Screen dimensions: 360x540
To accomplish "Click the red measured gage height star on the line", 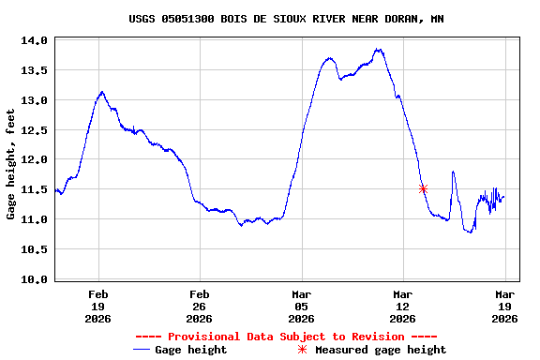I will coord(423,188).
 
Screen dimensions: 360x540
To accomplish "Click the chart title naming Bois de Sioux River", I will coord(286,19).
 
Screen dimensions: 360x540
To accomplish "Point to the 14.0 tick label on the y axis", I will coord(35,41).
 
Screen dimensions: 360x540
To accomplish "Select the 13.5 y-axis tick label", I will coord(35,70).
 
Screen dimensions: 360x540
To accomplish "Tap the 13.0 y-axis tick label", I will coord(35,100).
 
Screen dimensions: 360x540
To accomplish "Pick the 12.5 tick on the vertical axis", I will coord(35,130).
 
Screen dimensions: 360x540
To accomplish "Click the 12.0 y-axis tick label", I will coord(35,160).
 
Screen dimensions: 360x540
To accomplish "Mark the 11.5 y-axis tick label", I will coord(35,189).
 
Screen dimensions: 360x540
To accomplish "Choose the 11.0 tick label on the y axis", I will coord(35,219).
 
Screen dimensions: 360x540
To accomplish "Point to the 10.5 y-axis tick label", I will coord(35,249).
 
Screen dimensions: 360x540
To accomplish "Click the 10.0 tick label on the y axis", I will coord(35,279).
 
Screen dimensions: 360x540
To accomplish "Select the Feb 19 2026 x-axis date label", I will coord(98,307).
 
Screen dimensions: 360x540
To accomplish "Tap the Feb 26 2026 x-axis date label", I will coord(200,307).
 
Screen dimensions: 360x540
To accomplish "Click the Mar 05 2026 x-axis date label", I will coord(302,307).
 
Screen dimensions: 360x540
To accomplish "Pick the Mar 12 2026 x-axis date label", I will coord(403,307).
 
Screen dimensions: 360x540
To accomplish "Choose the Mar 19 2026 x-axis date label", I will coord(504,307).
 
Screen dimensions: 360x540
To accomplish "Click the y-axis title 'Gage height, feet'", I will coord(10,164).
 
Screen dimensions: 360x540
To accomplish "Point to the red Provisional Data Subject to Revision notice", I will coord(286,337).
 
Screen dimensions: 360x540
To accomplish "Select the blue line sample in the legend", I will coord(142,350).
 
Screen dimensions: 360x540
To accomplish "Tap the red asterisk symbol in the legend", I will coord(302,350).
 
